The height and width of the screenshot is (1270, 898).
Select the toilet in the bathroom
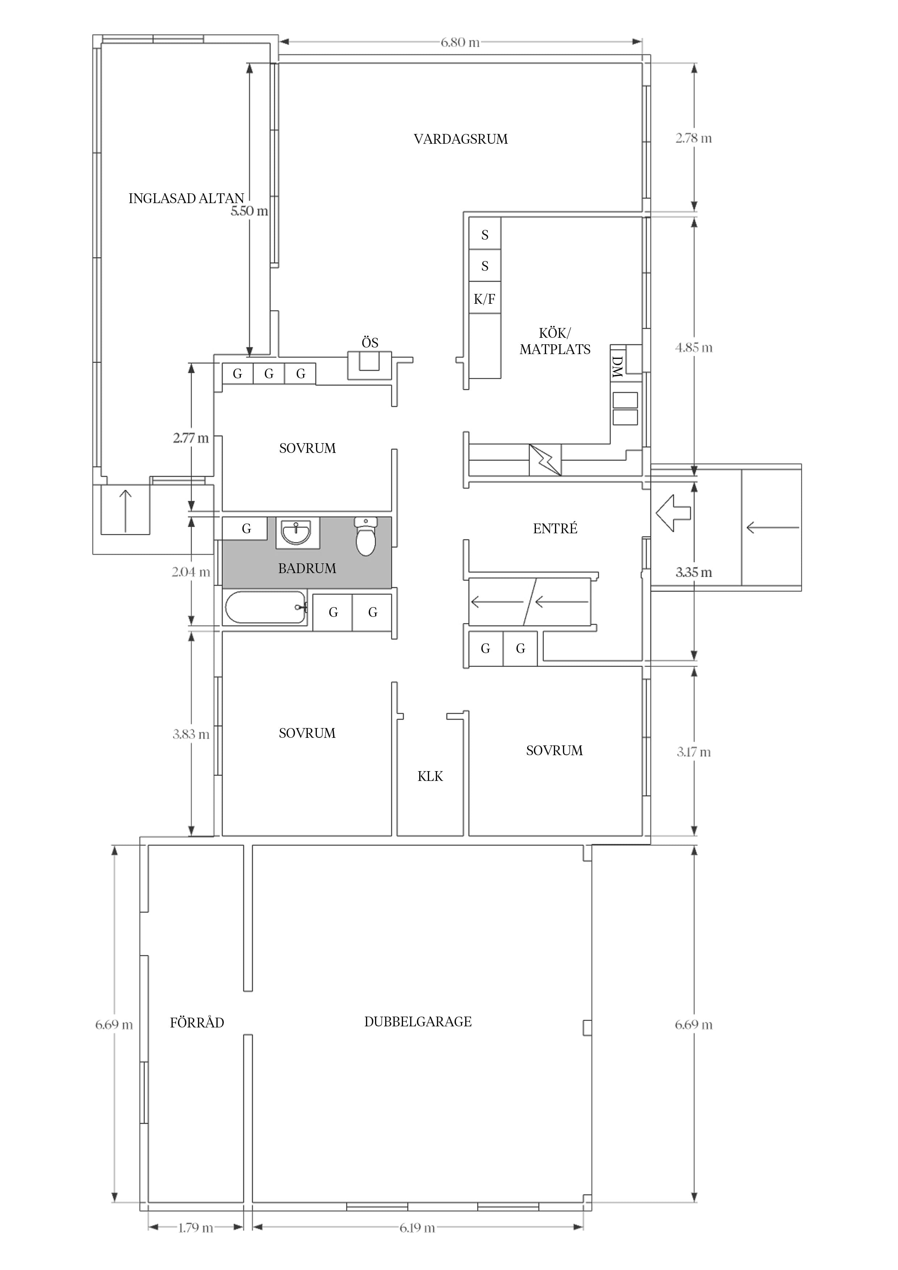tap(366, 536)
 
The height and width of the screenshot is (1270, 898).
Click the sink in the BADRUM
tap(297, 533)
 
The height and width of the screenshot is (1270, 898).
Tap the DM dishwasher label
tap(617, 366)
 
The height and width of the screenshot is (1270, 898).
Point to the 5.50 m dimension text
tap(249, 211)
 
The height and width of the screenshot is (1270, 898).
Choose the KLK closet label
tap(431, 777)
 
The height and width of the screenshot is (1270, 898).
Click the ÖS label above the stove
tap(370, 342)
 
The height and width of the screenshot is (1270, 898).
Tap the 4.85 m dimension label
tap(694, 348)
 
